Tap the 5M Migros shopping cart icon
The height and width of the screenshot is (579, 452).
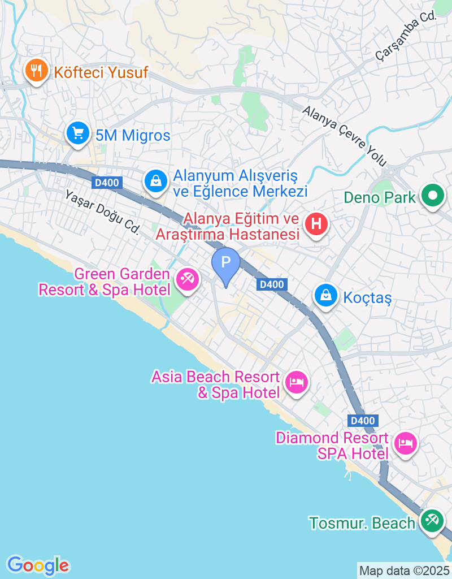[77, 134]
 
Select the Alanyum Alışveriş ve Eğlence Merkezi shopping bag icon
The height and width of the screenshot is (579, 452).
[154, 181]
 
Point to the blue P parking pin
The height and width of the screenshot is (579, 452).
[226, 263]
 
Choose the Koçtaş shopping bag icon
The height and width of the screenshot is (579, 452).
[326, 295]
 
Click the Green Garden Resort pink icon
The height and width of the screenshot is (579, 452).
[187, 279]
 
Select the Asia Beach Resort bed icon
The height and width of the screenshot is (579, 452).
[296, 383]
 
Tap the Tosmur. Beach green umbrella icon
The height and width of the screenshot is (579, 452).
[433, 521]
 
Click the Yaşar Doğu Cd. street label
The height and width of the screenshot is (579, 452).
[102, 211]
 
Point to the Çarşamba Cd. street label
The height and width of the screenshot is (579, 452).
[406, 37]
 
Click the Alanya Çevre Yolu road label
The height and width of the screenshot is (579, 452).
[344, 136]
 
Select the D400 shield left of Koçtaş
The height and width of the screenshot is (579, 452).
[272, 284]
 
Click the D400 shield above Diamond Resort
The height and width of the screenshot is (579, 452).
[362, 421]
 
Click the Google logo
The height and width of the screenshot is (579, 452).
[38, 565]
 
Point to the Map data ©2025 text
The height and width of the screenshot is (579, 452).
[404, 571]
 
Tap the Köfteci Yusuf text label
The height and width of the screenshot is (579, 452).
[101, 72]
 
